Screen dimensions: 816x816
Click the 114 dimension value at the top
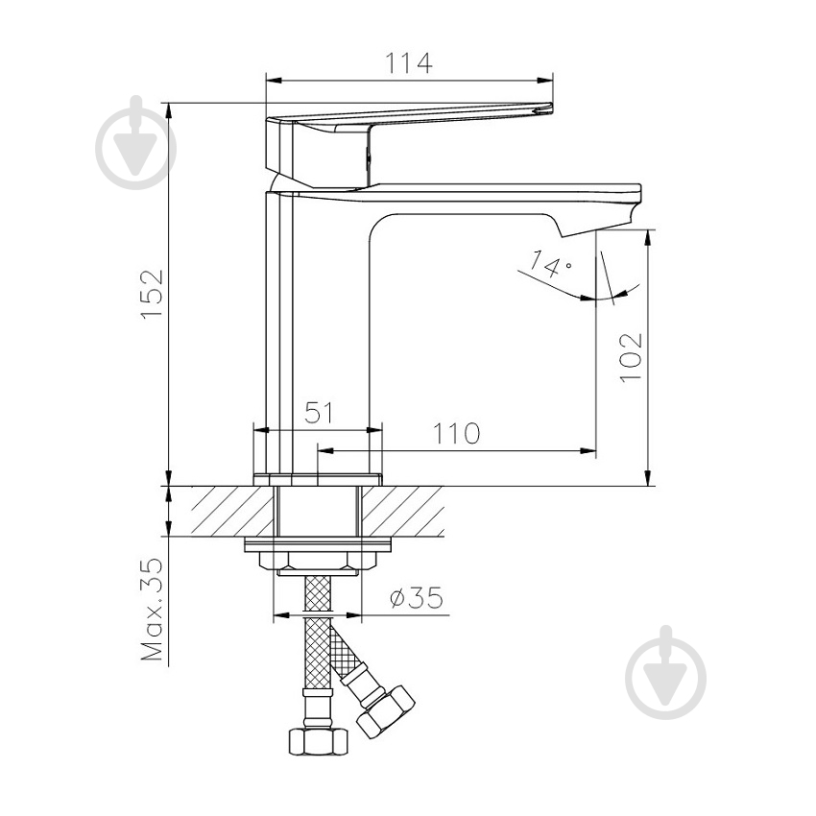click(410, 63)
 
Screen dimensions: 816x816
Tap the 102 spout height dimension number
click(629, 357)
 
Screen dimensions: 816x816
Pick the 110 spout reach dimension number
click(456, 434)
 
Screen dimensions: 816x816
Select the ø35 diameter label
click(417, 598)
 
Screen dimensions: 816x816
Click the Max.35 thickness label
click(152, 611)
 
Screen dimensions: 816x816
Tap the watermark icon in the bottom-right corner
click(665, 675)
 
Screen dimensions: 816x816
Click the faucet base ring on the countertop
click(318, 478)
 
